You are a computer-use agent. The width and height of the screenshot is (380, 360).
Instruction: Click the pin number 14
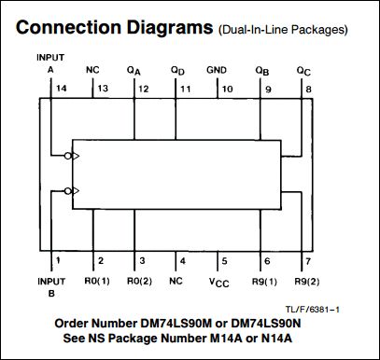pyautogui.click(x=62, y=89)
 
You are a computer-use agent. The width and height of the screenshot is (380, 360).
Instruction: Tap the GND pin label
pyautogui.click(x=217, y=70)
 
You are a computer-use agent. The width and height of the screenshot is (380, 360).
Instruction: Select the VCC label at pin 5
pyautogui.click(x=219, y=283)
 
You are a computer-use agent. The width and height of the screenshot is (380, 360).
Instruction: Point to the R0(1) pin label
pyautogui.click(x=97, y=282)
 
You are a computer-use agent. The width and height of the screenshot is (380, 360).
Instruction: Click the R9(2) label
pyautogui.click(x=307, y=282)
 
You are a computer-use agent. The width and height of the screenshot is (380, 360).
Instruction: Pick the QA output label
pyautogui.click(x=134, y=71)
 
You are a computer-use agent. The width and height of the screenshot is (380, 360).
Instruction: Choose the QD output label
pyautogui.click(x=177, y=71)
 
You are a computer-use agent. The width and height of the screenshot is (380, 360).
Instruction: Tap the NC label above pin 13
pyautogui.click(x=92, y=70)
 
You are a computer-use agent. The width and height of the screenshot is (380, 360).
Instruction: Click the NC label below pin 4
pyautogui.click(x=176, y=281)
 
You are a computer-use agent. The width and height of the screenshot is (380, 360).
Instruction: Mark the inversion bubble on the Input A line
pyautogui.click(x=68, y=156)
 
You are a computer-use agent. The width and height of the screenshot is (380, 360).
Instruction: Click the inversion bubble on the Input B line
pyautogui.click(x=68, y=191)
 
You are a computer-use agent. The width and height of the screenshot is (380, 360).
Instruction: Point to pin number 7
pyautogui.click(x=308, y=261)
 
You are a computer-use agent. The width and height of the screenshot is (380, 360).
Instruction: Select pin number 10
pyautogui.click(x=227, y=90)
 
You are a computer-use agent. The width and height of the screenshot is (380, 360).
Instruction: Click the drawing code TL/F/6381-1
pyautogui.click(x=313, y=310)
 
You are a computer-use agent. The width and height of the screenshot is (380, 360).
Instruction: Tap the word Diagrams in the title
pyautogui.click(x=170, y=28)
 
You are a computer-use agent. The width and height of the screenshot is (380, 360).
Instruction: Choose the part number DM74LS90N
pyautogui.click(x=266, y=324)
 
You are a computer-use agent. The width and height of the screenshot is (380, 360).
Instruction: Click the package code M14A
pyautogui.click(x=226, y=338)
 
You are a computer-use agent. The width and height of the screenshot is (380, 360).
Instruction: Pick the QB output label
pyautogui.click(x=262, y=71)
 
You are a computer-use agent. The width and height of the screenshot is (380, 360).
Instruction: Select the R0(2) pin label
pyautogui.click(x=140, y=282)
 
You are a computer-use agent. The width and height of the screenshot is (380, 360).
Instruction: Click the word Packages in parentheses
pyautogui.click(x=319, y=30)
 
